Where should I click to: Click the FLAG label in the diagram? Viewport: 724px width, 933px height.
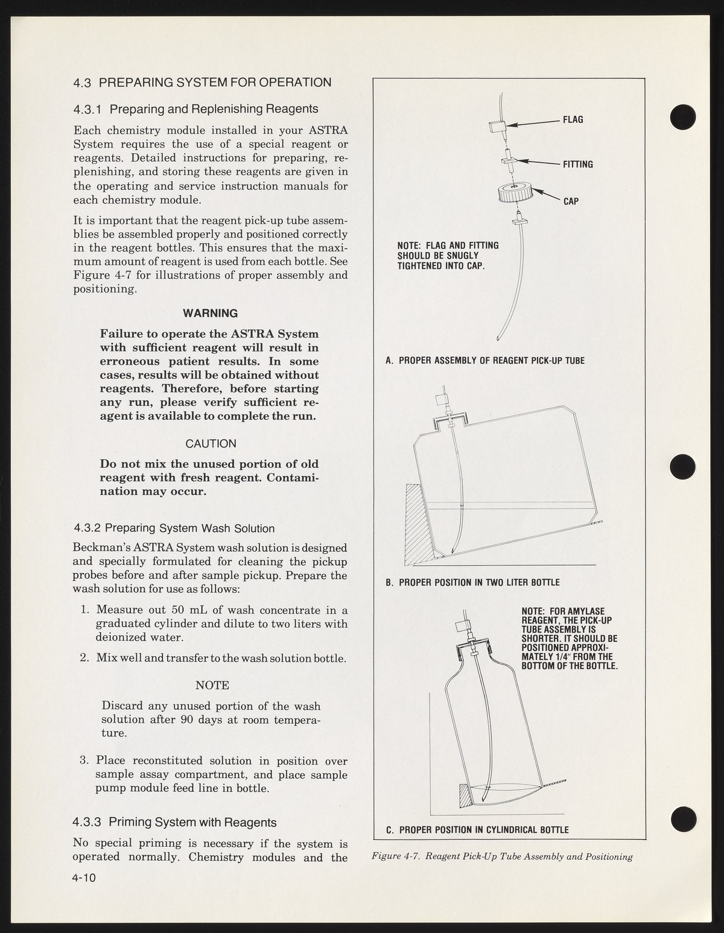573,119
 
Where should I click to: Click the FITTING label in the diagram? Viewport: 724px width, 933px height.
577,164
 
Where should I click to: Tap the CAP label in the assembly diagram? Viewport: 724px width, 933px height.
571,201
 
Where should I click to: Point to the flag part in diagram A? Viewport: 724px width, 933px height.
497,127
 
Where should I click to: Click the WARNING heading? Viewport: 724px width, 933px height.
210,314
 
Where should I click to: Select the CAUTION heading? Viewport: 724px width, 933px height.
211,444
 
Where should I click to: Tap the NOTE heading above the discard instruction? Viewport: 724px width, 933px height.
212,686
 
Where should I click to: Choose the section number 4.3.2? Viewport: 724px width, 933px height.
88,529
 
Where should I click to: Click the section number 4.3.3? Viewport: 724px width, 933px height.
88,823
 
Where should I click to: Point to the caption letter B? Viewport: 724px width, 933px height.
389,583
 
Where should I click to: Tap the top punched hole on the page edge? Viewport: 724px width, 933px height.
683,116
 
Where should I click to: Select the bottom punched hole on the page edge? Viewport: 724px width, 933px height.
683,818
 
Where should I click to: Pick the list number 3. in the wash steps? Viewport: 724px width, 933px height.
84,761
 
